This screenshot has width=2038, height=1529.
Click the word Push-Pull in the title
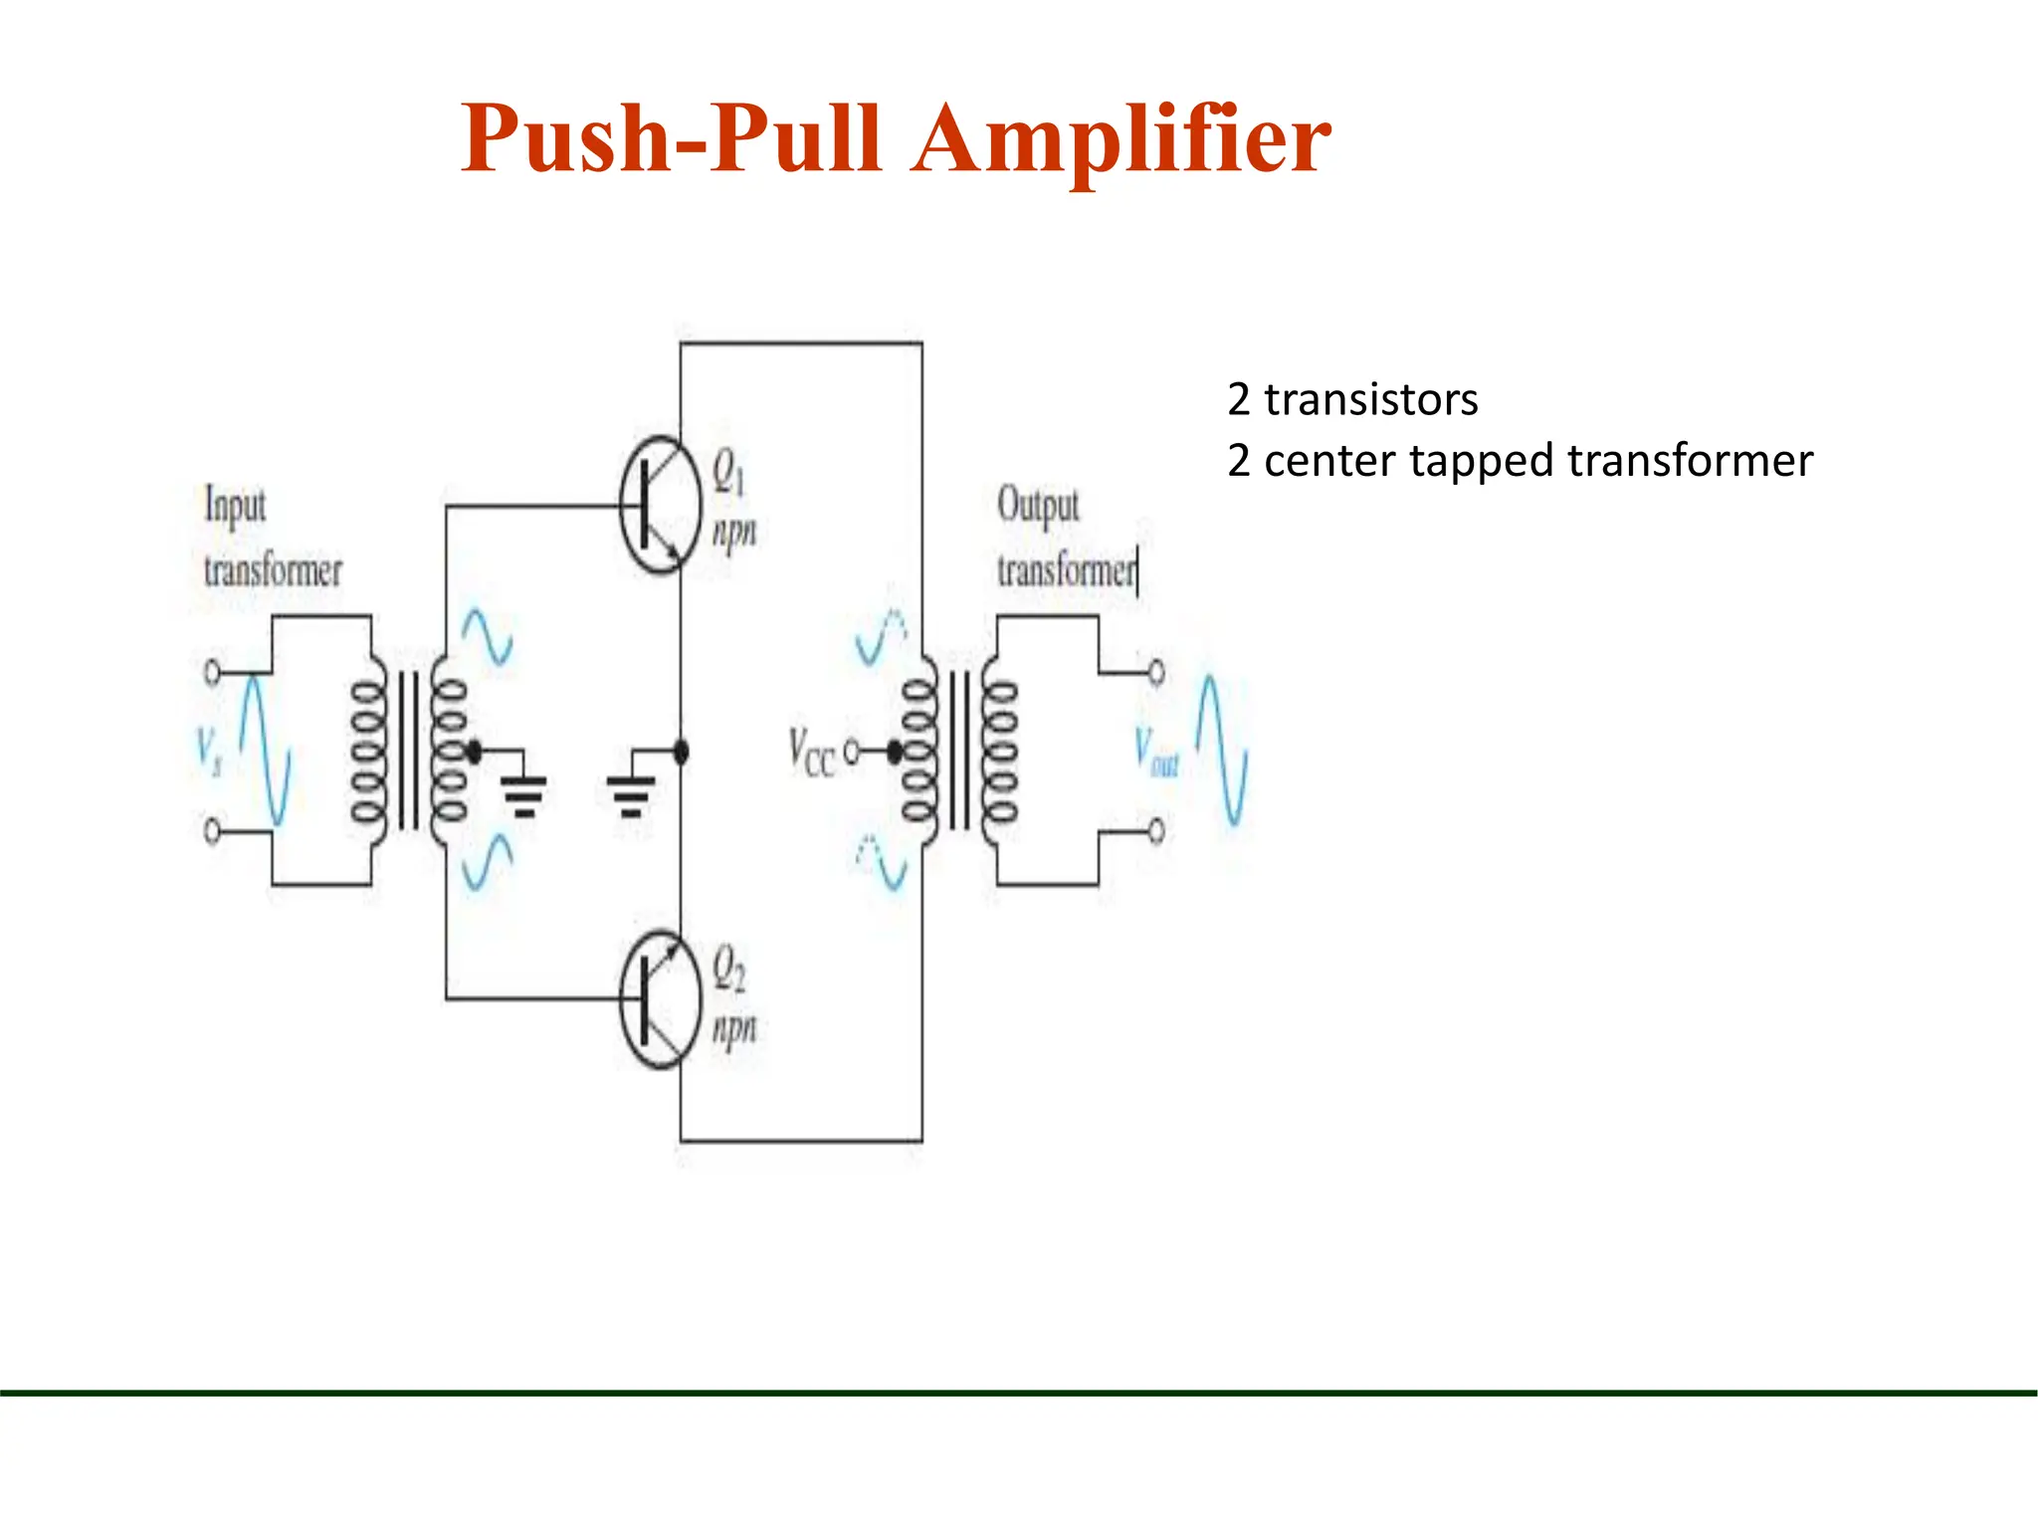[672, 139]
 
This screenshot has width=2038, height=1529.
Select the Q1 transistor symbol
[658, 505]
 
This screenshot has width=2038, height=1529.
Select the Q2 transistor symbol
[658, 999]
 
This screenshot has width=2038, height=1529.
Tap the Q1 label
[727, 471]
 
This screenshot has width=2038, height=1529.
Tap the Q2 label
[727, 968]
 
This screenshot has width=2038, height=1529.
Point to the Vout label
[1156, 752]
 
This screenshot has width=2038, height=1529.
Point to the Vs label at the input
[208, 752]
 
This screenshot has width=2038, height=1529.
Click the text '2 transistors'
[1351, 400]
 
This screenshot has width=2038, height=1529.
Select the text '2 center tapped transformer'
[1520, 461]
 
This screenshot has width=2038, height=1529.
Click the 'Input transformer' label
[271, 539]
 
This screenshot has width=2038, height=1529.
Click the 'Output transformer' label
[1066, 539]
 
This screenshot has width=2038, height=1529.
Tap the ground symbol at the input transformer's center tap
[523, 792]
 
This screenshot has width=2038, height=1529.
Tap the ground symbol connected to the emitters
[631, 792]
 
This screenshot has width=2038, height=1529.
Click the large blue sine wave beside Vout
[1221, 752]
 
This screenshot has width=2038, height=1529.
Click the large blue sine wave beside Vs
[265, 752]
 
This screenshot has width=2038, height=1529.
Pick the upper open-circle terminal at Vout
[1155, 673]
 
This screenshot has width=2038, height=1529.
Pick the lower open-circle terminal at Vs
[212, 830]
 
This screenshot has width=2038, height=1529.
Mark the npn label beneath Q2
[733, 1027]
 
